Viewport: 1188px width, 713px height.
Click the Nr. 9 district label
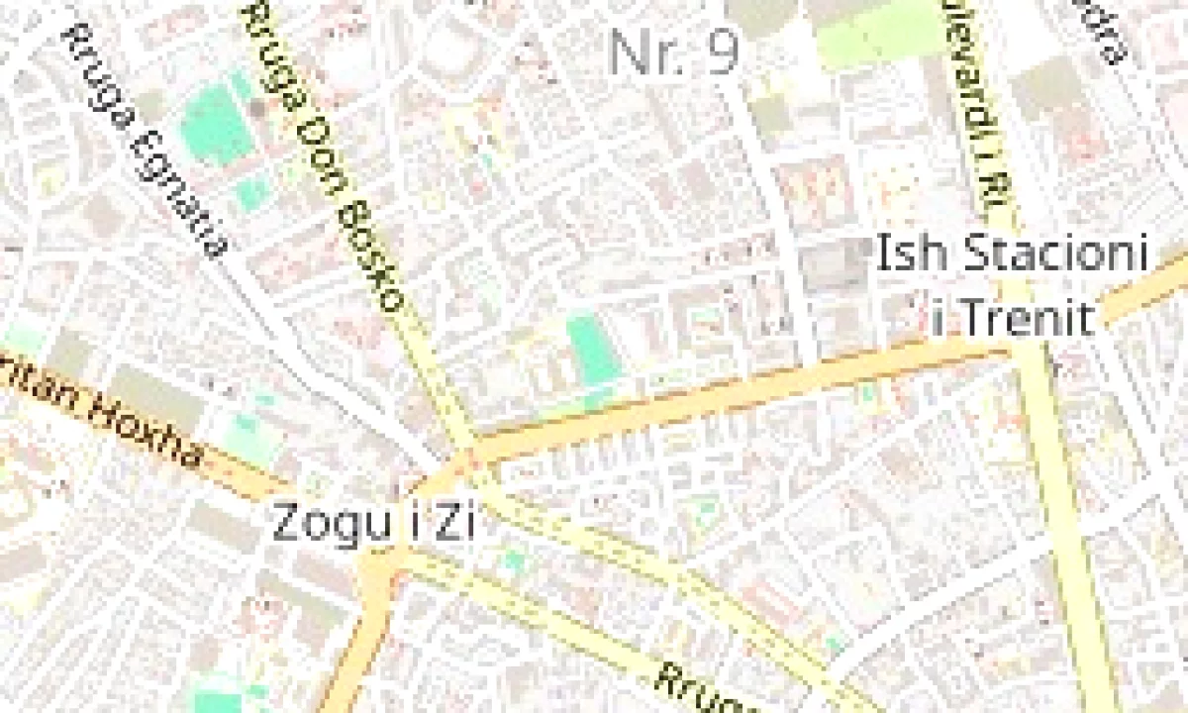pos(674,51)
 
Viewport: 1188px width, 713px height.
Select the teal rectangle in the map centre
pos(593,350)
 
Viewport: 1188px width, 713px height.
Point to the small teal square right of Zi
pos(512,562)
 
